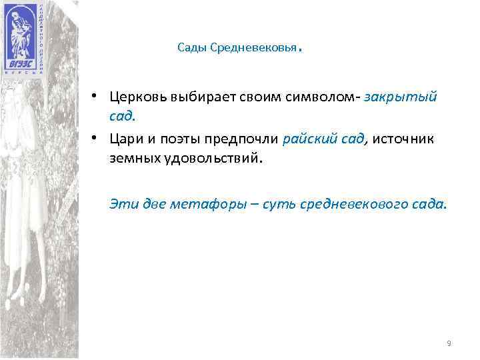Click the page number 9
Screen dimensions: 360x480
[x=449, y=343]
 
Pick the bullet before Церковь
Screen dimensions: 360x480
[x=97, y=95]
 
